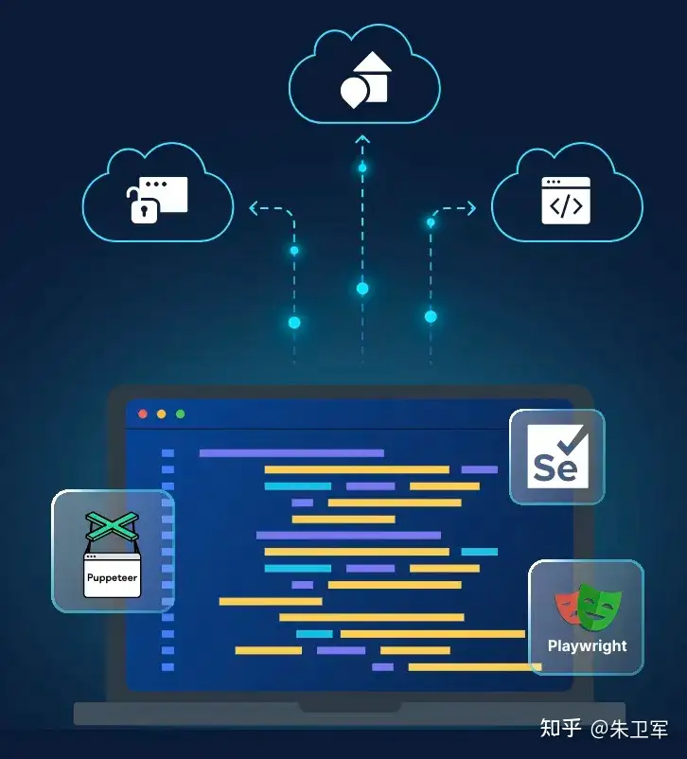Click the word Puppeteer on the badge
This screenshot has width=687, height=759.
coord(113,576)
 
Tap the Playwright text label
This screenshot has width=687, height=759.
coord(587,646)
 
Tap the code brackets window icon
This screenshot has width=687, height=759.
coord(565,201)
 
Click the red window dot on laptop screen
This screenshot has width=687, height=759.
coord(143,414)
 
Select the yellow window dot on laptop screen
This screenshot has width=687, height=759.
coord(161,414)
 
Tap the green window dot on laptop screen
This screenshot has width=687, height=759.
coord(180,414)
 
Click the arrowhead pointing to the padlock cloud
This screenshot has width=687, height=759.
coord(254,209)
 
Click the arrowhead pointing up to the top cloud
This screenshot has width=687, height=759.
coord(362,139)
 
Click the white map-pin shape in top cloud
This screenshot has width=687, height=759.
coord(353,92)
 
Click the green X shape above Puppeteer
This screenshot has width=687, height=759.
coord(112,526)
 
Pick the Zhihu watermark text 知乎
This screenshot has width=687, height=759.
coord(560,728)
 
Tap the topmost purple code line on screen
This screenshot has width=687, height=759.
coord(291,453)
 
